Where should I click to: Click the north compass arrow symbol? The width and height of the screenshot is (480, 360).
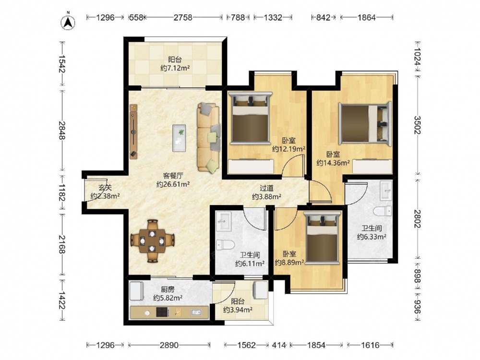pos(68,22)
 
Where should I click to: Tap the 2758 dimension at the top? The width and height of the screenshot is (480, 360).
pos(183,17)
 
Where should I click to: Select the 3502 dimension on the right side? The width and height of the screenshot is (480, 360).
pos(417,125)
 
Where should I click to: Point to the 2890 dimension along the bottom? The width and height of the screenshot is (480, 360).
pos(169,345)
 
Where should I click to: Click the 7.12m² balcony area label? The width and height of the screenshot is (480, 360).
pos(175,68)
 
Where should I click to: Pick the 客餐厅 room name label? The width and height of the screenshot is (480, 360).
pos(173,176)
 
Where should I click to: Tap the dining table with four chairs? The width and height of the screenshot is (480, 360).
pos(153,240)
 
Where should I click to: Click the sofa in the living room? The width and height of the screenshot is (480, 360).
pos(209,137)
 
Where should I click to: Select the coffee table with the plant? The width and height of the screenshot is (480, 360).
pos(179,138)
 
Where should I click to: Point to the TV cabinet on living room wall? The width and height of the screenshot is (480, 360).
pos(133,132)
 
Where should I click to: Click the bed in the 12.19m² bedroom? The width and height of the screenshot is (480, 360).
pos(251,118)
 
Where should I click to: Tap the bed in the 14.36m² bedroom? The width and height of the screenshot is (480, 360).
pos(365,123)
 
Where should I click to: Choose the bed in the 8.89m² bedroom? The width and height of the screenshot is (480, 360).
pos(324,238)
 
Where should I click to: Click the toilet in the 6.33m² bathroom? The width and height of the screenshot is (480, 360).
pos(383,211)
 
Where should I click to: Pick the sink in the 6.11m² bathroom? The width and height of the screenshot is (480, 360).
pos(223,221)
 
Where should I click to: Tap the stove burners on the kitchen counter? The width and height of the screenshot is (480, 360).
pos(163,312)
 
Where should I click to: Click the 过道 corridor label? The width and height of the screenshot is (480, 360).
pos(266,188)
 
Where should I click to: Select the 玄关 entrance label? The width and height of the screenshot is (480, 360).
pos(105,188)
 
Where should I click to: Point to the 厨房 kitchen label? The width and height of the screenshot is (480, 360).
pos(168,289)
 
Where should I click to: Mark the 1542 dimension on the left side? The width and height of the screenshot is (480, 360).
pos(61,64)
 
